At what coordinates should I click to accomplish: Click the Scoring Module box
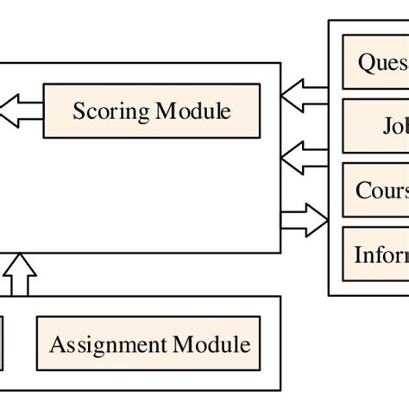pos(151,110)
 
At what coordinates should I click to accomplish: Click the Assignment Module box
pos(148,344)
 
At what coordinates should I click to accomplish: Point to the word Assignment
pos(109,345)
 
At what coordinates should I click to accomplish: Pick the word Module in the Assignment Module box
pos(211,344)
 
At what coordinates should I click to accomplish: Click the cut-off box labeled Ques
pos(375,62)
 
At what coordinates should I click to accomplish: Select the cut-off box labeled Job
pos(375,126)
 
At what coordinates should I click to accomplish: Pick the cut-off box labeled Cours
pos(375,190)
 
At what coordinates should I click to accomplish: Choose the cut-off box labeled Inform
pos(375,255)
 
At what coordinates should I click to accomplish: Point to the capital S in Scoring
pos(79,111)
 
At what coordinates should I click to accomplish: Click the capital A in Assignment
pos(57,345)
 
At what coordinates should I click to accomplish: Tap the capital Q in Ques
pos(364,62)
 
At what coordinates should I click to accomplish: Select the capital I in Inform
pos(357,255)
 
